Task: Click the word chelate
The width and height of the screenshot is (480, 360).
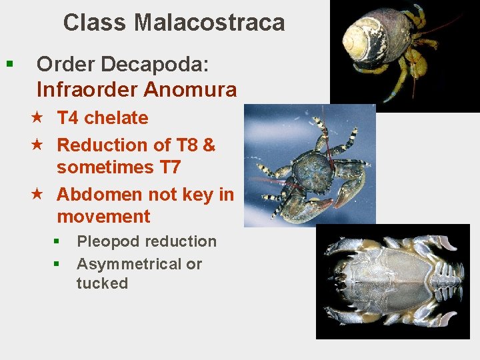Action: point(116,118)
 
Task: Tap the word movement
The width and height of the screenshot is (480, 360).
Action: point(103,217)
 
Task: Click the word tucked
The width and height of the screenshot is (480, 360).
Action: point(102,283)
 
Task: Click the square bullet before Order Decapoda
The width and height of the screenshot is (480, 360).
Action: point(9,65)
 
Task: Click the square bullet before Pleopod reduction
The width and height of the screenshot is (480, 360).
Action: point(57,241)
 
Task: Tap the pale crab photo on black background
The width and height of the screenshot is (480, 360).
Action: point(394,281)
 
